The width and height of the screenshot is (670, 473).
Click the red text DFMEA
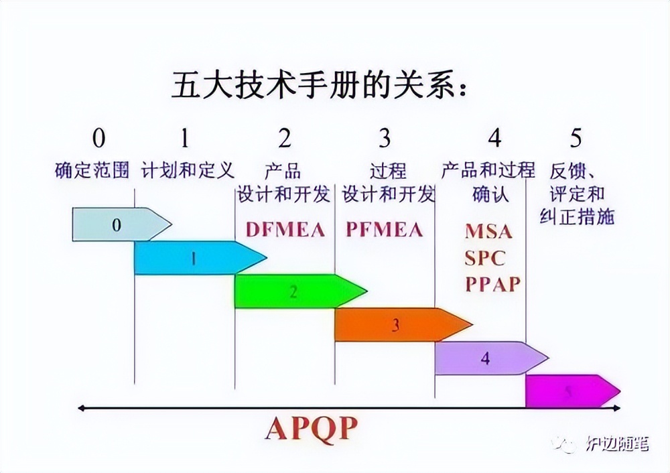(x=285, y=230)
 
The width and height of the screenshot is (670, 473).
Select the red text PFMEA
(x=385, y=230)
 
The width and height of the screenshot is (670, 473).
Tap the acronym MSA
(x=488, y=232)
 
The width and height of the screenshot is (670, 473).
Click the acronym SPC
(x=485, y=258)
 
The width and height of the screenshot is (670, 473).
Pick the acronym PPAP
(x=493, y=284)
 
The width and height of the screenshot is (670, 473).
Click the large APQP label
(x=312, y=428)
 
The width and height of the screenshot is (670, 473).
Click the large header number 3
(x=385, y=138)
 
